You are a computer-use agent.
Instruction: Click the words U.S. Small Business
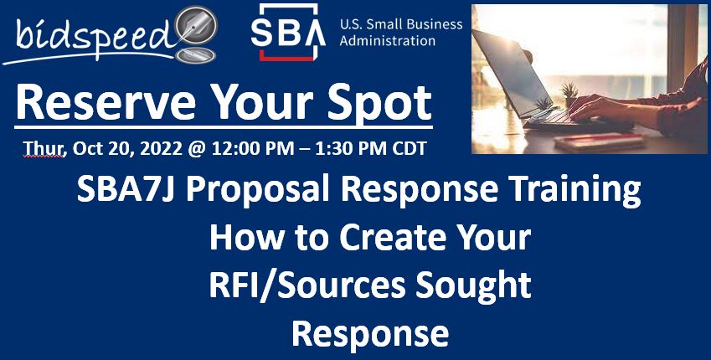pos(400,24)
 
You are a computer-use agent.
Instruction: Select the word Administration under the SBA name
pos(387,40)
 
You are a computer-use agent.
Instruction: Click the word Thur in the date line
pos(38,149)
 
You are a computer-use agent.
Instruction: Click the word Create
pos(374,239)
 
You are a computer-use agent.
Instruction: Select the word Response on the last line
pos(369,332)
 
